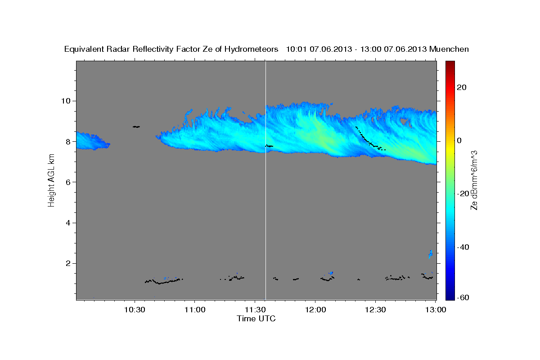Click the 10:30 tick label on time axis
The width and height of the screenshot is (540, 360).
coord(135,310)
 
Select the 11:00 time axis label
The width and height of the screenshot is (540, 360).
coord(195,310)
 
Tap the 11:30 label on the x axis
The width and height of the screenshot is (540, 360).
coord(255,310)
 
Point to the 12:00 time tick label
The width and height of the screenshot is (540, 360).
coord(315,310)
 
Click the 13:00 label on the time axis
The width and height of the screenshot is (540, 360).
coord(435,310)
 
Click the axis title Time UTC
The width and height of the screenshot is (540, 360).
coord(256,319)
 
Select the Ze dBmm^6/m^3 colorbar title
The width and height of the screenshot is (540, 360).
coord(474,180)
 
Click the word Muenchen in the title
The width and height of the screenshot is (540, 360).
coord(450,49)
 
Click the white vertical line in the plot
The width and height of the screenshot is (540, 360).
coord(265,202)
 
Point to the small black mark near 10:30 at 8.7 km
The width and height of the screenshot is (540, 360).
coord(136,127)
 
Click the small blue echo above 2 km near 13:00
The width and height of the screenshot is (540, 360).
coord(431,254)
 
